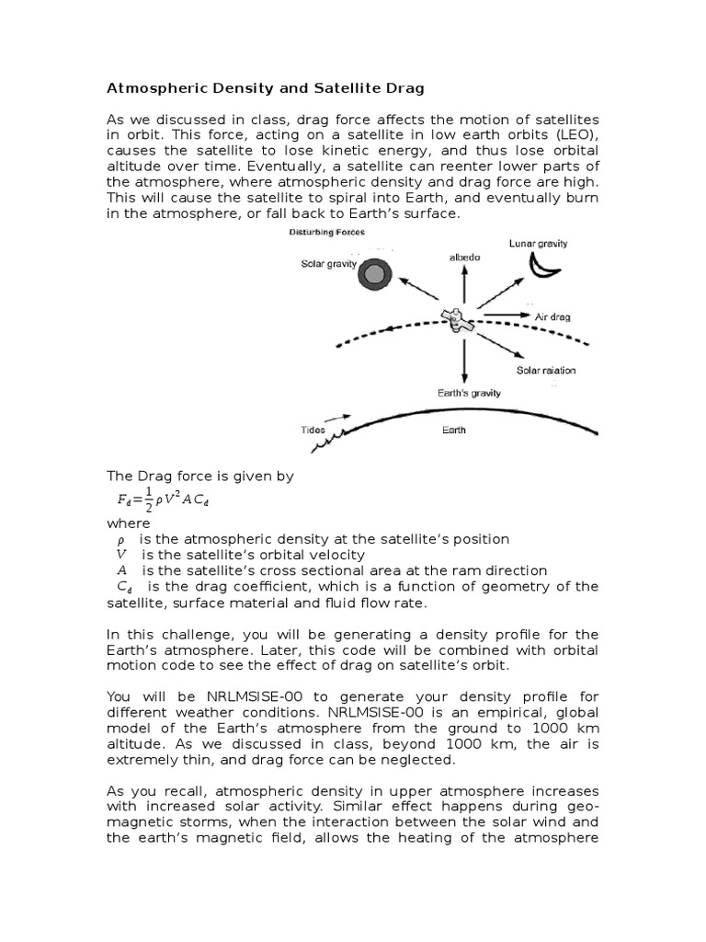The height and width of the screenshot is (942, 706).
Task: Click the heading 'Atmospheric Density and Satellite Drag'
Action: coord(267,88)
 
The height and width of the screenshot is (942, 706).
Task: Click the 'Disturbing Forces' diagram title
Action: coord(327,233)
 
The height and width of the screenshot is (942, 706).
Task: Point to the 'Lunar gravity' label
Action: coord(539,244)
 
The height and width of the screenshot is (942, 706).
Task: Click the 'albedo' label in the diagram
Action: coord(464,258)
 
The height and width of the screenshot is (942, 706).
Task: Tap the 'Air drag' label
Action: coord(552,316)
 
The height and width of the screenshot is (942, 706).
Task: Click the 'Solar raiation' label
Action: coord(546,371)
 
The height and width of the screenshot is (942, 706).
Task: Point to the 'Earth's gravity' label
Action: coord(469,393)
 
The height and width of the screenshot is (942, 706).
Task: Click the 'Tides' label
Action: coord(313,430)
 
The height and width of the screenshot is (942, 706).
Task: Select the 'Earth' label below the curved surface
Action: coord(454,430)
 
